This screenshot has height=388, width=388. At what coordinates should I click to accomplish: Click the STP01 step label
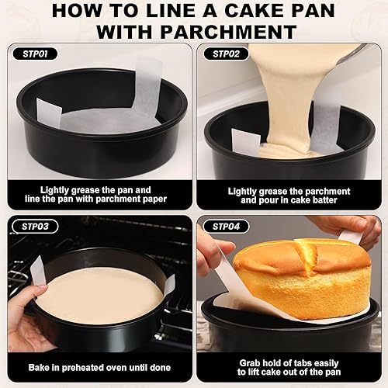point(33,54)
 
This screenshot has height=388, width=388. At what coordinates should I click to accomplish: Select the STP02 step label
point(225,54)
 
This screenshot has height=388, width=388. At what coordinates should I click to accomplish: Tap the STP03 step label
point(33,226)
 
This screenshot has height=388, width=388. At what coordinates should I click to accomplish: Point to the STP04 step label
point(225,226)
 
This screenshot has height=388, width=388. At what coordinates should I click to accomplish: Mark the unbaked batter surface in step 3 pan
point(99,295)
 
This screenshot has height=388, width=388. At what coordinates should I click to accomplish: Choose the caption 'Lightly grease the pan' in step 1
point(95,195)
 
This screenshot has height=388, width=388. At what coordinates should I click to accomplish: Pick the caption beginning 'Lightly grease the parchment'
point(289,195)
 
